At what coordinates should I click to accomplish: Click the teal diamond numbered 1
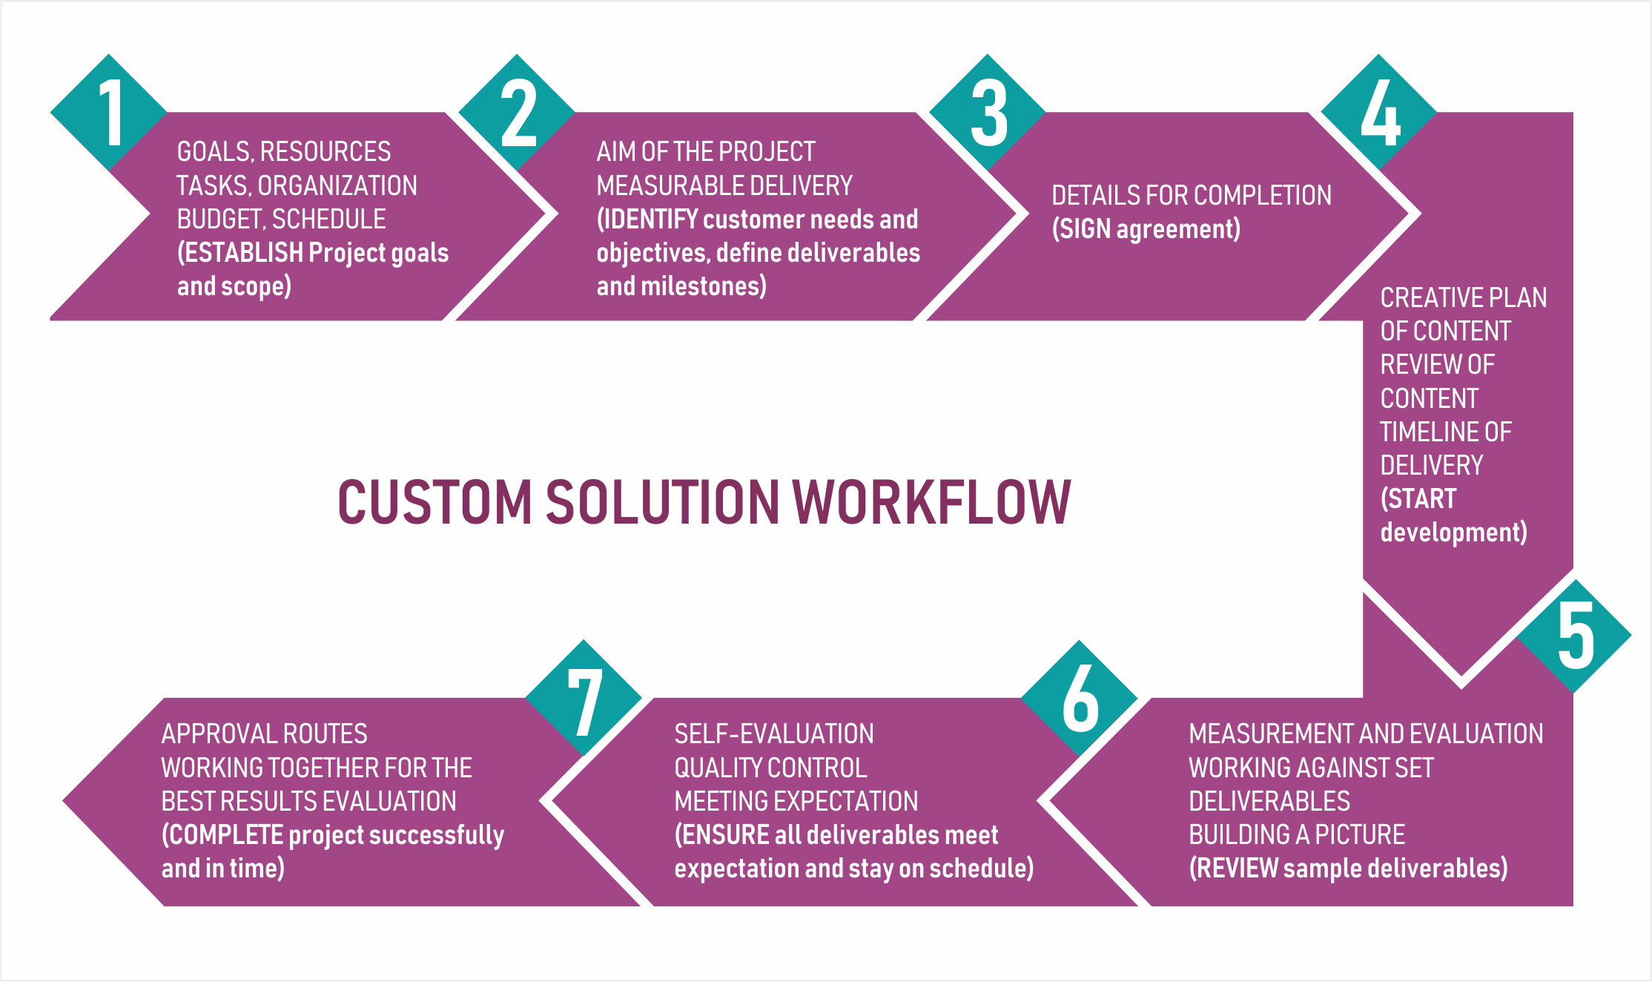[x=109, y=113]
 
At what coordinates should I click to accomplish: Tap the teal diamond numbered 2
[x=517, y=113]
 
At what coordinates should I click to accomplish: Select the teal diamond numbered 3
[x=988, y=113]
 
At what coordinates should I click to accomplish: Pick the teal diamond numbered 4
[x=1379, y=113]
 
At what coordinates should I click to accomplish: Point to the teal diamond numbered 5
[x=1573, y=636]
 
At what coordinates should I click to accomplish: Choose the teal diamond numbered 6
[x=1079, y=698]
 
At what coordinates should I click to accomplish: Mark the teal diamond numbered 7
[x=584, y=698]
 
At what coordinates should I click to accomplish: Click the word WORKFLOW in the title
[x=933, y=502]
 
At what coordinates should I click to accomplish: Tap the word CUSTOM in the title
[x=435, y=502]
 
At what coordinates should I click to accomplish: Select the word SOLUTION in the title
[x=662, y=502]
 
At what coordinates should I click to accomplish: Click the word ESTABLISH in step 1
[x=243, y=252]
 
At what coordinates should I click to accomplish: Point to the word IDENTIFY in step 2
[x=651, y=219]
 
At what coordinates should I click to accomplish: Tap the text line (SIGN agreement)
[x=1146, y=229]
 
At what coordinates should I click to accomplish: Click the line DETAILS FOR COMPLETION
[x=1192, y=195]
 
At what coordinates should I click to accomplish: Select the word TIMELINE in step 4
[x=1421, y=432]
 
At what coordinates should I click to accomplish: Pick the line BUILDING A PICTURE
[x=1297, y=834]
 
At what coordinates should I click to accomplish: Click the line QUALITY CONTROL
[x=770, y=768]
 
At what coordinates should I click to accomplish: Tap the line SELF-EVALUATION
[x=774, y=734]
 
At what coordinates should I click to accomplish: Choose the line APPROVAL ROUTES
[x=265, y=734]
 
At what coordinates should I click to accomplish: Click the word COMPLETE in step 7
[x=226, y=835]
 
